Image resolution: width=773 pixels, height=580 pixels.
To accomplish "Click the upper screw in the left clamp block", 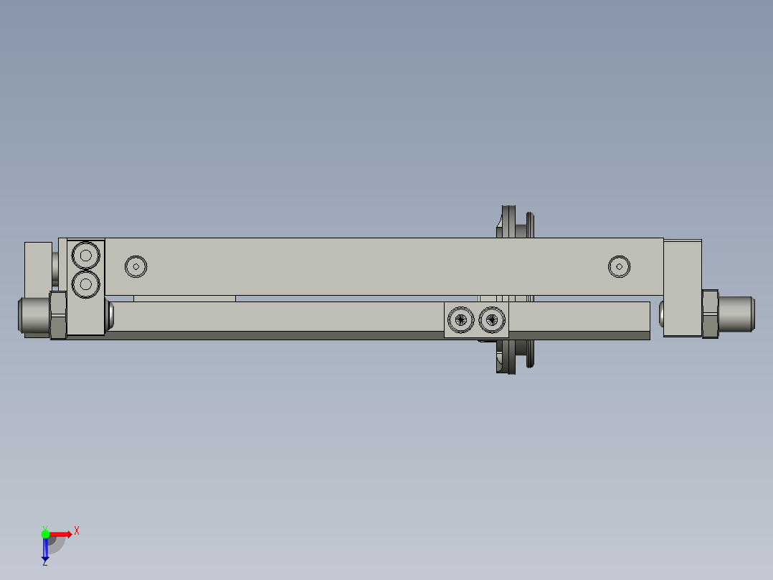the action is pyautogui.click(x=86, y=256).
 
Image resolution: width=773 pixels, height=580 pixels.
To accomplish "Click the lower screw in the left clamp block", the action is pyautogui.click(x=86, y=284).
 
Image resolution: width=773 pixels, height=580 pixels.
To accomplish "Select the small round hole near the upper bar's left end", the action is pyautogui.click(x=136, y=266).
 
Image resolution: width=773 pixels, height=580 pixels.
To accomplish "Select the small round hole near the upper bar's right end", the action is pyautogui.click(x=620, y=266).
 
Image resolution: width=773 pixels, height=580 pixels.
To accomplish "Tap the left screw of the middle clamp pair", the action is pyautogui.click(x=461, y=319).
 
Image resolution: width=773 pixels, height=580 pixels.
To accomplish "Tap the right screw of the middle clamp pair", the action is pyautogui.click(x=492, y=319).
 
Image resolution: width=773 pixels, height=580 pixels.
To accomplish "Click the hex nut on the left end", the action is pyautogui.click(x=58, y=315).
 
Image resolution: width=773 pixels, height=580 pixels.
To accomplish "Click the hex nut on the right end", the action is pyautogui.click(x=710, y=314).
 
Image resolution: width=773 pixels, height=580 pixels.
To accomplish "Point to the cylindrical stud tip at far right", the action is pyautogui.click(x=736, y=314).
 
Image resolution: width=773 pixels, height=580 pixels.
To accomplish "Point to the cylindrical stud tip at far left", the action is pyautogui.click(x=34, y=315).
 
